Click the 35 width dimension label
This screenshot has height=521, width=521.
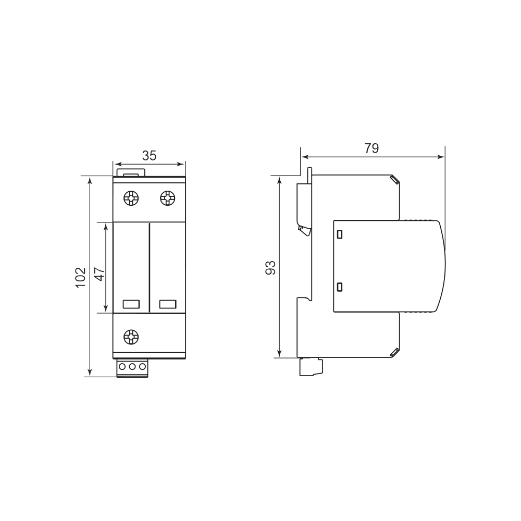point(149,155)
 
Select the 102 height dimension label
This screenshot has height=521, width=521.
point(80,277)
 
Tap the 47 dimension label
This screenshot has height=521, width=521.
point(100,274)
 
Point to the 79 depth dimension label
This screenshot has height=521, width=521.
point(371,148)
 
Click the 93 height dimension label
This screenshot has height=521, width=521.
point(270,267)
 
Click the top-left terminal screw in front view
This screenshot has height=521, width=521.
point(131,199)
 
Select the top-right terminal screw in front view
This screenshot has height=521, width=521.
point(167,199)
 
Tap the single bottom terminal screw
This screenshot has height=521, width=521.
point(131,337)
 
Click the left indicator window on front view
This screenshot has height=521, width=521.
point(131,304)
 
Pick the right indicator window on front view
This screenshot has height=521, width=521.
point(167,304)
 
